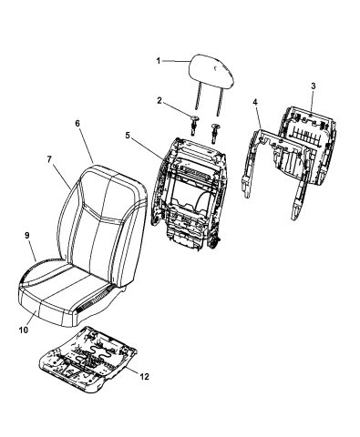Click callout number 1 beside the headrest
click(158, 61)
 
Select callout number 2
click(159, 101)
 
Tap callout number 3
click(314, 86)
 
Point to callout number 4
click(254, 102)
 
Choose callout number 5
click(128, 136)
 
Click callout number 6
click(77, 123)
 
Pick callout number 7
click(49, 159)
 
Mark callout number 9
click(27, 236)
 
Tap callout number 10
click(23, 330)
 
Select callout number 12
click(145, 377)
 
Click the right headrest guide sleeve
click(215, 133)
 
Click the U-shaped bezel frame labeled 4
click(275, 171)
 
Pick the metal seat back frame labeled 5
click(189, 194)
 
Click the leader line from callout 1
click(177, 62)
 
